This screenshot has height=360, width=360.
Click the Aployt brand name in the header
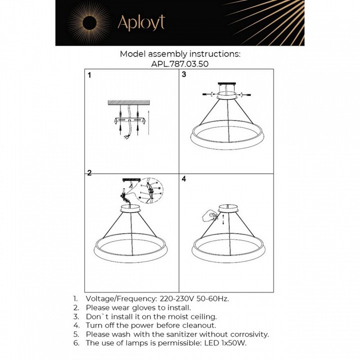140,23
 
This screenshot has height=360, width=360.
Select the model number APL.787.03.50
180,63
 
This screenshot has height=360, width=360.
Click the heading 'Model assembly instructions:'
180,53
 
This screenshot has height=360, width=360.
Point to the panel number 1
89,76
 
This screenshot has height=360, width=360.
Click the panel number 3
184,75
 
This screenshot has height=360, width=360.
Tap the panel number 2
89,173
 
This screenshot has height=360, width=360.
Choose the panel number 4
184,178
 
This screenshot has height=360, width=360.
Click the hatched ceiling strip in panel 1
128,103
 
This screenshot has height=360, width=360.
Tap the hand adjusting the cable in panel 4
211,216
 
